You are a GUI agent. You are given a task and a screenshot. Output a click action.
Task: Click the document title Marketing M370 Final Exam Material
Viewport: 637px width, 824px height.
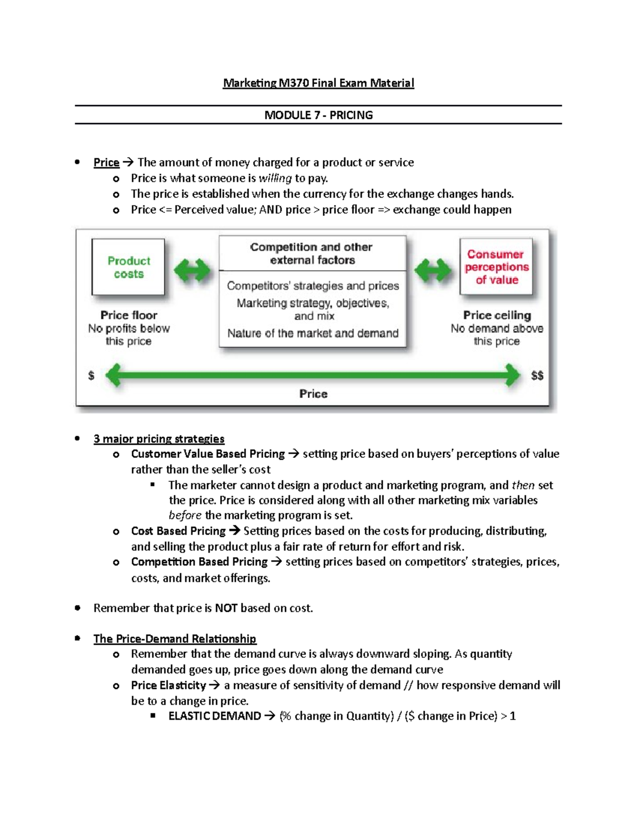318,83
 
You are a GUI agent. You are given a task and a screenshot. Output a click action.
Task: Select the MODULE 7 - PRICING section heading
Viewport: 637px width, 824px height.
318,115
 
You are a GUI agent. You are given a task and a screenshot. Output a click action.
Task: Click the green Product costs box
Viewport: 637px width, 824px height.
128,267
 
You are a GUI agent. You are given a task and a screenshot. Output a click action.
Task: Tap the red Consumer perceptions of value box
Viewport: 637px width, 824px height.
496,267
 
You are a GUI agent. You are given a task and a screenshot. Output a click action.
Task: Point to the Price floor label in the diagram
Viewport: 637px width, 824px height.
128,315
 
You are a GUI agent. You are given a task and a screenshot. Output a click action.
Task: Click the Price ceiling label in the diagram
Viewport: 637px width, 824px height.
497,315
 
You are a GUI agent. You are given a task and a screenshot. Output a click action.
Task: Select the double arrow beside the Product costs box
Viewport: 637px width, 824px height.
192,271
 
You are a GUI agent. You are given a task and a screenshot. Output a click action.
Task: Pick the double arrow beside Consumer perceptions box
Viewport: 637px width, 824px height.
433,271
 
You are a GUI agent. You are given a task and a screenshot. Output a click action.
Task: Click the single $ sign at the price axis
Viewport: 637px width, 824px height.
91,376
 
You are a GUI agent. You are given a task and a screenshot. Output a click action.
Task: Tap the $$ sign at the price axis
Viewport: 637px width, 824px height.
537,376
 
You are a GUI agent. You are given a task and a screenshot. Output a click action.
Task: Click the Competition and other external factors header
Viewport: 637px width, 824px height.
312,254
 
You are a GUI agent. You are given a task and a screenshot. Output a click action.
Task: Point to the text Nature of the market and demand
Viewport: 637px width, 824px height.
313,333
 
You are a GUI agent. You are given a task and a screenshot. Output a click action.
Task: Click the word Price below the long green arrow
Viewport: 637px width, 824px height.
313,394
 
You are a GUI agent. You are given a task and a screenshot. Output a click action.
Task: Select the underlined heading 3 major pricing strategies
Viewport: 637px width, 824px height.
159,439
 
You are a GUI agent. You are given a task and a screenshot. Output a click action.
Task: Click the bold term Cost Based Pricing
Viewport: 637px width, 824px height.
178,531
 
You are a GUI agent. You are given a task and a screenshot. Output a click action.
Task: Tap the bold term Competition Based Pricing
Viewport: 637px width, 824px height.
199,562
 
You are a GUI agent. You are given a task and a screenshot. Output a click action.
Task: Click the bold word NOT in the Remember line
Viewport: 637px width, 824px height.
226,608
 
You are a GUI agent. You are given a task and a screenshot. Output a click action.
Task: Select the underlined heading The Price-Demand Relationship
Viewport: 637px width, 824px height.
175,639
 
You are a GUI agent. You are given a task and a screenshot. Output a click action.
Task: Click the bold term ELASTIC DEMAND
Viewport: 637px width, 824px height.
214,716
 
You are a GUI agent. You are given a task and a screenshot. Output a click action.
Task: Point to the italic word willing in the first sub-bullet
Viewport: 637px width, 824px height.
275,178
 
